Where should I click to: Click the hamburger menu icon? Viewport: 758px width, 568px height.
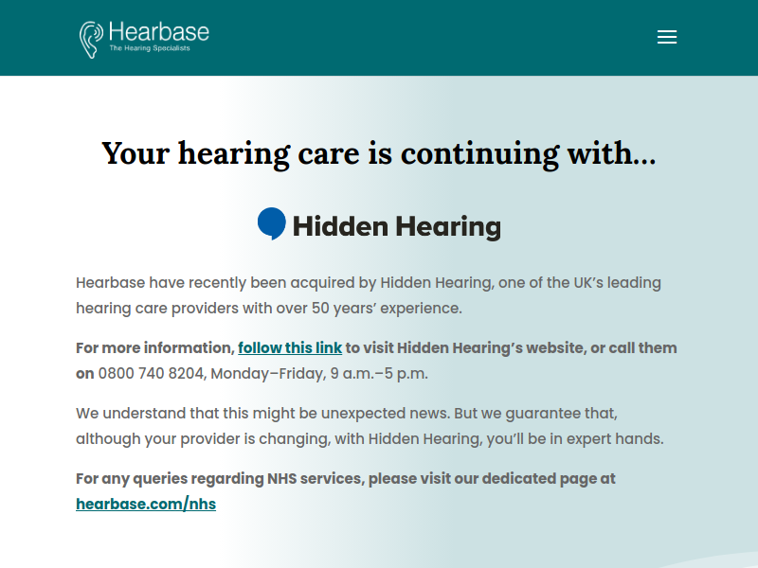667,37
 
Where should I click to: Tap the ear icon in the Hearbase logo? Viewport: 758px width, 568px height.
91,40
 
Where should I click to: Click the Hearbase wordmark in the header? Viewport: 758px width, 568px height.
159,32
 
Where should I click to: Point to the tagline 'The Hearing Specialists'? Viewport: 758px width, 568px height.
150,48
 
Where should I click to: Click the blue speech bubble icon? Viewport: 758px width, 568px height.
272,223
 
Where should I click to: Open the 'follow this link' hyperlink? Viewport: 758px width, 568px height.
290,347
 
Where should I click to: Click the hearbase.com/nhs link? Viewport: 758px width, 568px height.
146,504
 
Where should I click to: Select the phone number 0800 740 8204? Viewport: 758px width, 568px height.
151,373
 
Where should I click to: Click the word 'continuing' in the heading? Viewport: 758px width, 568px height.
480,154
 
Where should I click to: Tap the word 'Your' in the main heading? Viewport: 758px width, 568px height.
135,153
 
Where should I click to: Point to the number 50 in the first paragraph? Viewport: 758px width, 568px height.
320,309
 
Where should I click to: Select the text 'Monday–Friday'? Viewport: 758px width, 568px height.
268,374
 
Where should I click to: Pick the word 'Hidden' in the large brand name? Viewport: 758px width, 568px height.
340,226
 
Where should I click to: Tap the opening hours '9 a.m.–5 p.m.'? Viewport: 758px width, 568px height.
379,374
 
